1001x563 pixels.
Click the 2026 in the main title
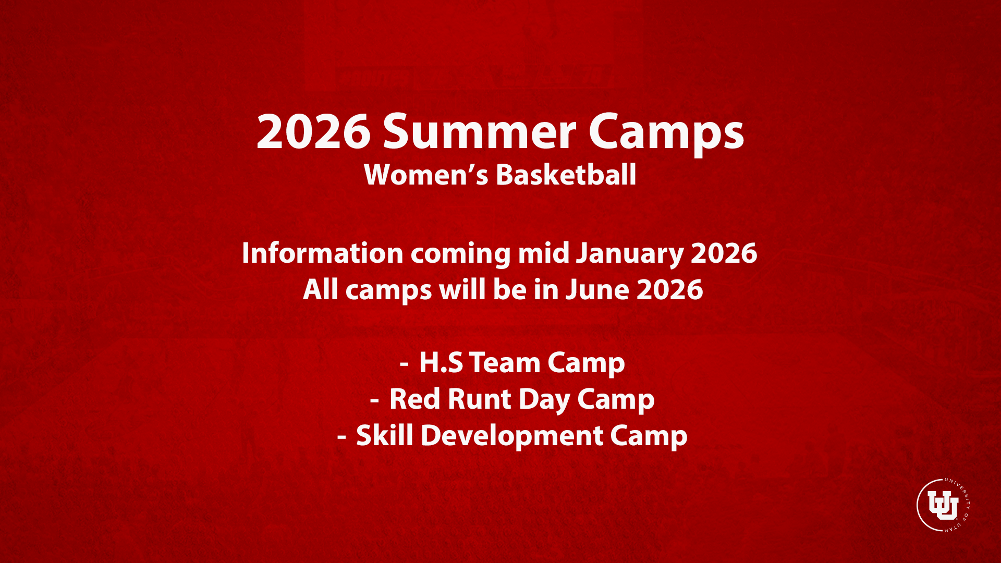coord(313,131)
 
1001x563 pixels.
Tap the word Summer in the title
coord(480,131)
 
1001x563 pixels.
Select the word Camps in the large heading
coord(666,134)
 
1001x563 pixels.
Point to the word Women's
coord(426,175)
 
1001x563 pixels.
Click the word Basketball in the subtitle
coord(566,174)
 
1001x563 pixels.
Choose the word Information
coord(323,253)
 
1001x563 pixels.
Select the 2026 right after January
coord(724,253)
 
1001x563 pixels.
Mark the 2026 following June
coord(670,290)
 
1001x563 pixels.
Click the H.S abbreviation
coord(441,363)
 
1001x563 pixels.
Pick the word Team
coord(505,363)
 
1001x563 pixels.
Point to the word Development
coord(512,437)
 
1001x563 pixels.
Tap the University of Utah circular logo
coord(943,505)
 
